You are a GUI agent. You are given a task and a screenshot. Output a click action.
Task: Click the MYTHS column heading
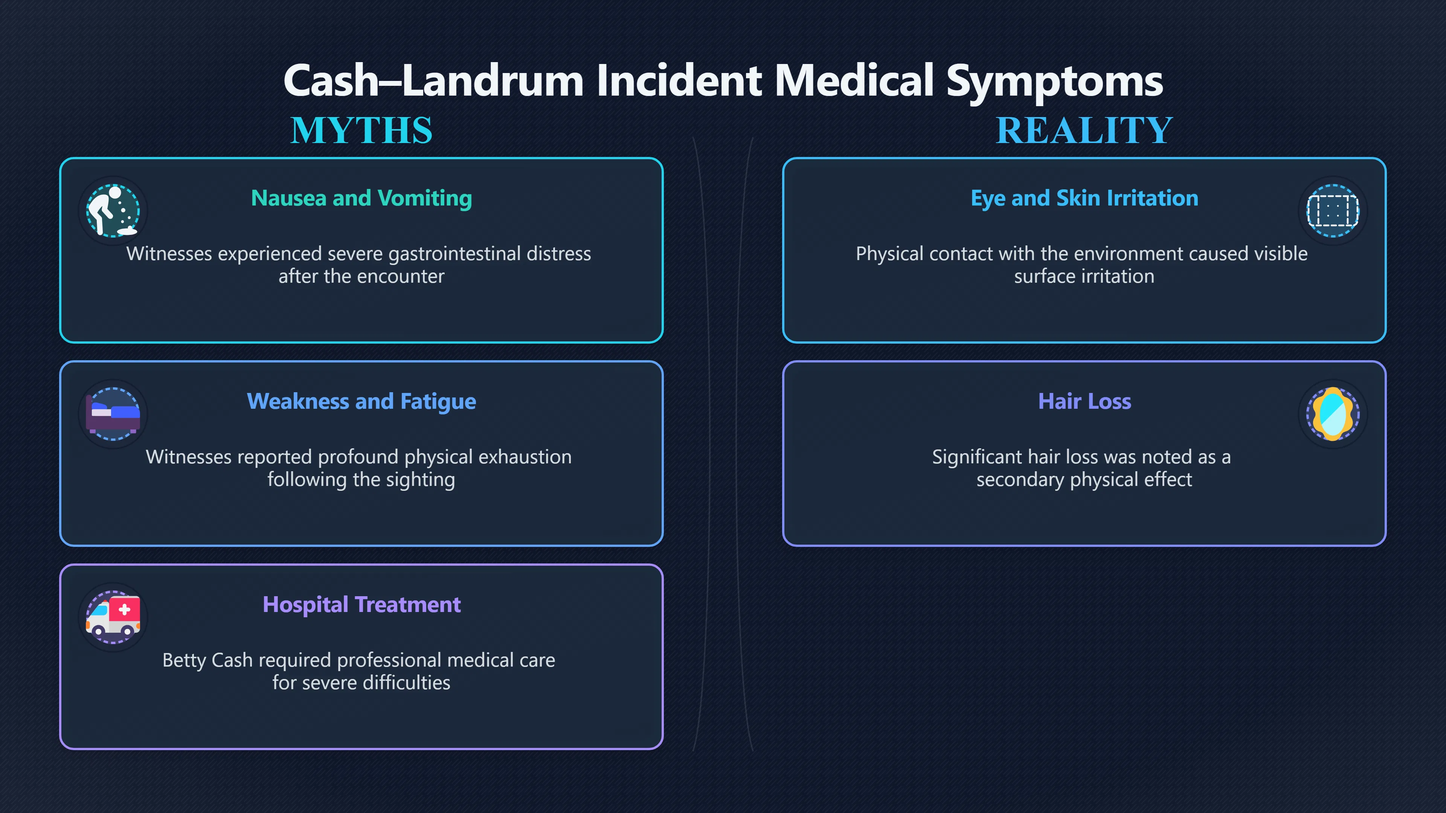coord(361,130)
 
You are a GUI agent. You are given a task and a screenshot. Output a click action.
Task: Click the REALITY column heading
coord(1084,130)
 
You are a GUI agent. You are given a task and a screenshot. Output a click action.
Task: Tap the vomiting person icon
coord(113,211)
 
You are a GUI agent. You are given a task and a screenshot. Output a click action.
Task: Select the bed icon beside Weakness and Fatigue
coord(113,414)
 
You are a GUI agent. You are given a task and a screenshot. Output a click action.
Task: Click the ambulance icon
coord(113,617)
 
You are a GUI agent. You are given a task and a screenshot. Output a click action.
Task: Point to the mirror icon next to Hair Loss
coord(1333,414)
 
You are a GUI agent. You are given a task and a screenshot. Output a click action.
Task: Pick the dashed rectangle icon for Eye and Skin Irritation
coord(1333,211)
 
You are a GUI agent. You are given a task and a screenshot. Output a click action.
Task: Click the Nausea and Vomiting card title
coord(361,198)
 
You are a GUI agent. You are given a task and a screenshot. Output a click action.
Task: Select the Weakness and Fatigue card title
coord(361,401)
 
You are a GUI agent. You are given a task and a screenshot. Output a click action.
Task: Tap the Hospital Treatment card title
coord(361,604)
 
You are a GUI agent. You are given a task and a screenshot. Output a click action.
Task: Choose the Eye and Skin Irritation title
coord(1084,198)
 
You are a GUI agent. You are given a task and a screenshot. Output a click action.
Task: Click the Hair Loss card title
coord(1084,401)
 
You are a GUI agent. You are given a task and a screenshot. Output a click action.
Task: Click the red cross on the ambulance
coord(125,610)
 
